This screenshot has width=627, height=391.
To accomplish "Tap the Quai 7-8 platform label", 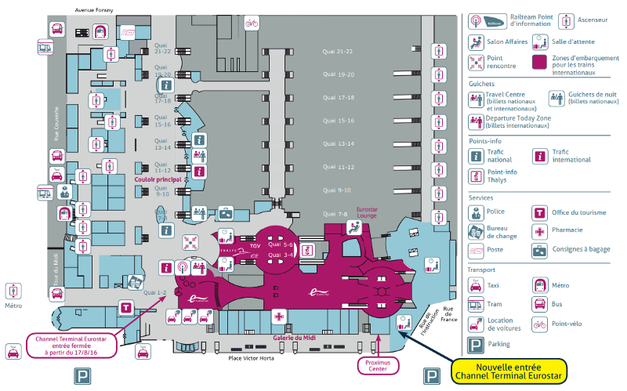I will pyautogui.click(x=334, y=213).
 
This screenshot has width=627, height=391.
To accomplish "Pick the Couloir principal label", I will pyautogui.click(x=158, y=179).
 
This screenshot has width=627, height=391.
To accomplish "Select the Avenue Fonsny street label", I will pyautogui.click(x=93, y=9).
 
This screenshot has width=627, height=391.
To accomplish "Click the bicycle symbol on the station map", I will pyautogui.click(x=252, y=24).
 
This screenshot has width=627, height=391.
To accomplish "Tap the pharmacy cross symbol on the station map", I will pyautogui.click(x=279, y=316).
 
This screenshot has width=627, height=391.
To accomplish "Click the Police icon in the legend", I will pyautogui.click(x=476, y=212).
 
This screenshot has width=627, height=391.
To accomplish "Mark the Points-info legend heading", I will pyautogui.click(x=485, y=141).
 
